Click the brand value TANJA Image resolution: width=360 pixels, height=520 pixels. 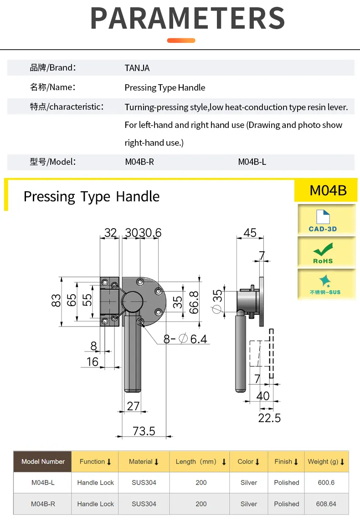pos(137,68)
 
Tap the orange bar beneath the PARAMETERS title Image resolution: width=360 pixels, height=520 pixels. pos(181,41)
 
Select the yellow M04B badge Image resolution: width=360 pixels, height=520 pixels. pos(328,190)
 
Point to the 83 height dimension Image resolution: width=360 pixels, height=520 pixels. pos(56,301)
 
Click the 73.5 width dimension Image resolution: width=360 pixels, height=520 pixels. pos(144,431)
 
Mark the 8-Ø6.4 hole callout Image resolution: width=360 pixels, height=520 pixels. pos(185,339)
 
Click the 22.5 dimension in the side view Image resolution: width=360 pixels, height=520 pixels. pos(269,418)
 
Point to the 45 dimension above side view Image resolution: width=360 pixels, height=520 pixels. pos(250,233)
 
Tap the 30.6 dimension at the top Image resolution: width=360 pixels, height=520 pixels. pos(150,233)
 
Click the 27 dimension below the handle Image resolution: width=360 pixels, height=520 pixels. pos(133,406)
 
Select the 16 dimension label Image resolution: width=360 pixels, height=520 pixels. pos(93,362)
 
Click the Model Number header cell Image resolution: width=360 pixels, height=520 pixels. pos(43,462)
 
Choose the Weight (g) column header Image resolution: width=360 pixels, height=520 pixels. pos(326,462)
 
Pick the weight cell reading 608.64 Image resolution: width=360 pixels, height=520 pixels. pos(326,504)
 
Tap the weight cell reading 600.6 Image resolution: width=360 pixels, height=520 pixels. pos(326,483)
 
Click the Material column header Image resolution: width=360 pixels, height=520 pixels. pos(144,462)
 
